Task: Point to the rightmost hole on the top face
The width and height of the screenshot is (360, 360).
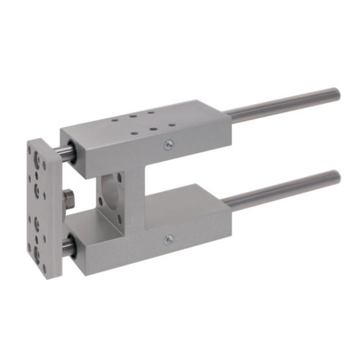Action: (172, 124)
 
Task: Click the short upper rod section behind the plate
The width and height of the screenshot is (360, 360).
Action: (65, 153)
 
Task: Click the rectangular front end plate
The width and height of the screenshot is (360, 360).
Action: (40, 208)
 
